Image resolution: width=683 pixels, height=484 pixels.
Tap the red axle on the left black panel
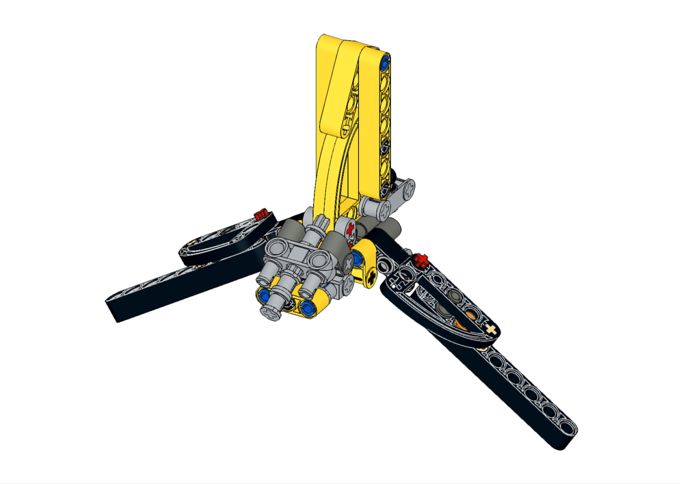coord(260,215)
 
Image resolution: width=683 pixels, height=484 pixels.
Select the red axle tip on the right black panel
coord(420,260)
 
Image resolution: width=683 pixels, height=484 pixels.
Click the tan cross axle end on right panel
coord(490,330)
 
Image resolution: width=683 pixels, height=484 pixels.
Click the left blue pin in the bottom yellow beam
coord(261,296)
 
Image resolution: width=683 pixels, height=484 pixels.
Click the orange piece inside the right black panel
coord(472,316)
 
